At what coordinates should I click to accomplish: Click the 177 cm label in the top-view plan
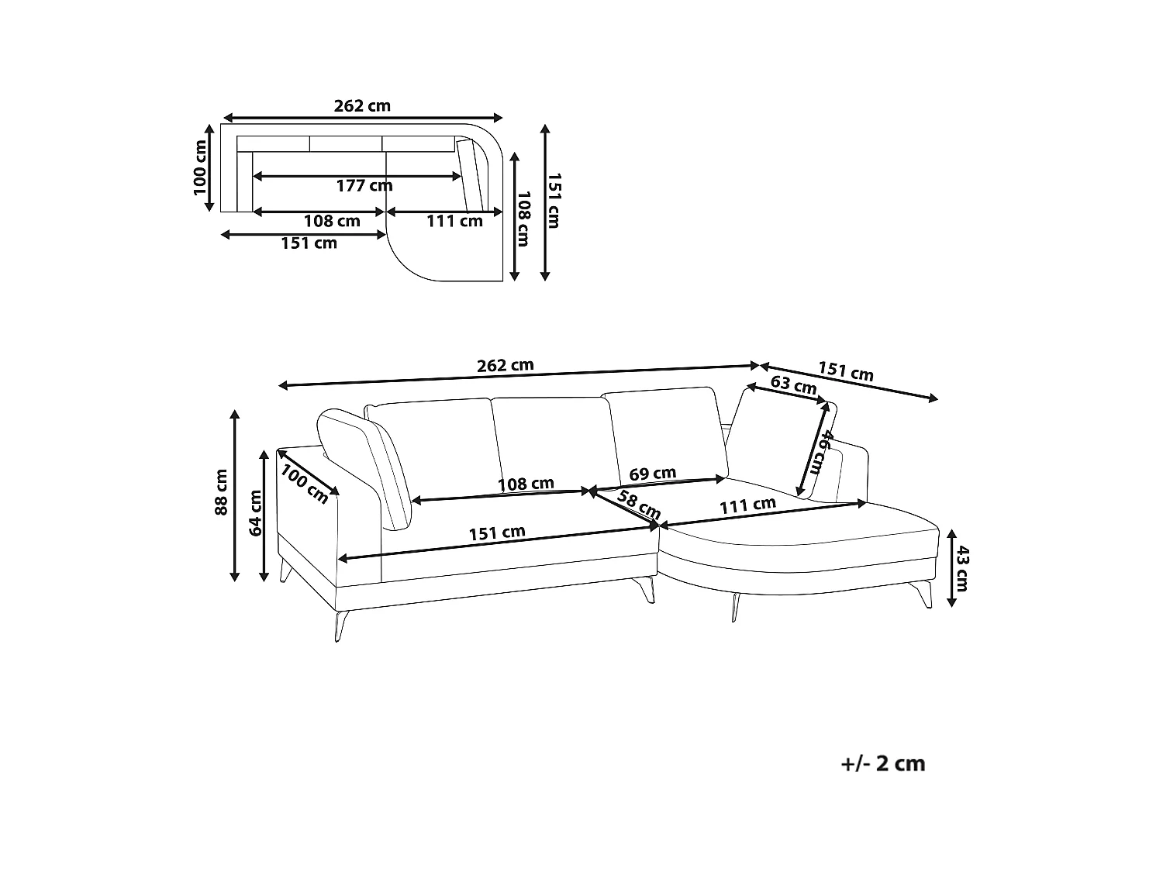pyautogui.click(x=364, y=186)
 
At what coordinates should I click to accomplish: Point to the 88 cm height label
pyautogui.click(x=222, y=492)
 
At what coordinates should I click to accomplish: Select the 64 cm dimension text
pyautogui.click(x=255, y=512)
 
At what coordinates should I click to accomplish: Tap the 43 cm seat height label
pyautogui.click(x=961, y=569)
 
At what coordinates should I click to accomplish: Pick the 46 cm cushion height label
pyautogui.click(x=818, y=453)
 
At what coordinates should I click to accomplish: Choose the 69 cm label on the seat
pyautogui.click(x=653, y=473)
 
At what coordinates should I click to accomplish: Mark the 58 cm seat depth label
pyautogui.click(x=639, y=505)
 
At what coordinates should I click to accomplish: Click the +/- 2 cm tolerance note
pyautogui.click(x=882, y=764)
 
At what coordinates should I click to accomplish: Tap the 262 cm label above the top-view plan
pyautogui.click(x=362, y=106)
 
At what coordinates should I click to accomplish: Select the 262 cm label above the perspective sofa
pyautogui.click(x=505, y=365)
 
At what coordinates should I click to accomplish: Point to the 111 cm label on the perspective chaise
pyautogui.click(x=747, y=505)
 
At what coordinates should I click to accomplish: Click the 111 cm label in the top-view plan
pyautogui.click(x=455, y=221)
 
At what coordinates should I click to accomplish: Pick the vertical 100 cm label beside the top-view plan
pyautogui.click(x=200, y=168)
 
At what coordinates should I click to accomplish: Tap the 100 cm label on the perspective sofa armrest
pyautogui.click(x=304, y=484)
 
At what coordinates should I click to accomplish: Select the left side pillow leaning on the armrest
pyautogui.click(x=364, y=469)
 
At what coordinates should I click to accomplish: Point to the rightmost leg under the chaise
pyautogui.click(x=927, y=594)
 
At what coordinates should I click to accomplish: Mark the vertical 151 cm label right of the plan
pyautogui.click(x=553, y=202)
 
